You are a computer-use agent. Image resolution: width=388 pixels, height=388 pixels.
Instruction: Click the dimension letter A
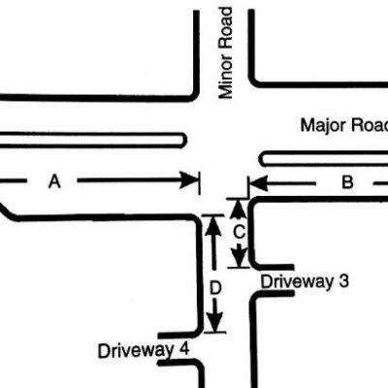[x=54, y=181]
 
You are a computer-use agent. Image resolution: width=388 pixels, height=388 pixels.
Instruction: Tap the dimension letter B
[x=347, y=182]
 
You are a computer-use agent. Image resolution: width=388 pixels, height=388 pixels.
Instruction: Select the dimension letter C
[x=240, y=232]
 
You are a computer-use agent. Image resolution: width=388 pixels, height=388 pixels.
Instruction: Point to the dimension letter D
[x=215, y=288]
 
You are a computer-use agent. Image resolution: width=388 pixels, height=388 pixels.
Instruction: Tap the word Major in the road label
[x=319, y=125]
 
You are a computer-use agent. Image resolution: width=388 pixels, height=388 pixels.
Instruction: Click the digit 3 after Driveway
[x=343, y=281]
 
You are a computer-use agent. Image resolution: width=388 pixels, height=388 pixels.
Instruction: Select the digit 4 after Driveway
[x=183, y=349]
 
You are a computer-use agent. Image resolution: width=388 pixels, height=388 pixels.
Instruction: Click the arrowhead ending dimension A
[x=188, y=179]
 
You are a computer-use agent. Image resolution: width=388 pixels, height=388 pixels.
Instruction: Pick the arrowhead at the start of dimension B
[x=259, y=183]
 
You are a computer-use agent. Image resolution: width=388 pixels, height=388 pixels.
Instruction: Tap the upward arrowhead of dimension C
[x=239, y=209]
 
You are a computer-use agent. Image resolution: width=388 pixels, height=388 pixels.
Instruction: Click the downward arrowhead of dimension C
[x=240, y=257]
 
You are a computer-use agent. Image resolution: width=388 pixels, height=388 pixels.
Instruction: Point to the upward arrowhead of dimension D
[x=213, y=226]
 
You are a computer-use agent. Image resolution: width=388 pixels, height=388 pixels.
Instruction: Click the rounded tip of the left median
[x=184, y=141]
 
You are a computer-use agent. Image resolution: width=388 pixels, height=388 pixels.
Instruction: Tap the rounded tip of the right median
[x=262, y=159]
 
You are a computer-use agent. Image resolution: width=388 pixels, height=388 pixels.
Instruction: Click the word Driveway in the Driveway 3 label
[x=297, y=282]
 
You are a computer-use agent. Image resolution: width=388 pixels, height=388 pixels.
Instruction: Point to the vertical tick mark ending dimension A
[x=200, y=183]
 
